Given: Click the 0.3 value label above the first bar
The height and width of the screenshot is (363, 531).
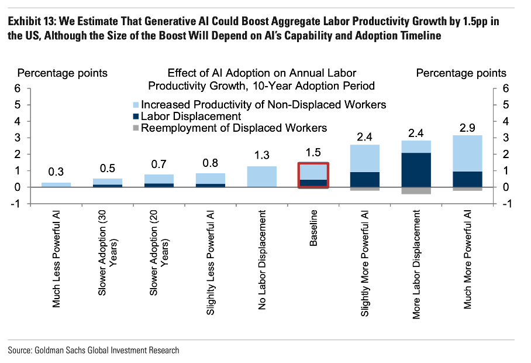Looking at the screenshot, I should (x=56, y=172).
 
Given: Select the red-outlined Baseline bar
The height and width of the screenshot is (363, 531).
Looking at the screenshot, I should (x=313, y=175).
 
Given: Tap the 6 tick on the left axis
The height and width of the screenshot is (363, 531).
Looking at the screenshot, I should (x=18, y=88).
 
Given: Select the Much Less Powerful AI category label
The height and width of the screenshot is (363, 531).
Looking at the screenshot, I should (x=57, y=259).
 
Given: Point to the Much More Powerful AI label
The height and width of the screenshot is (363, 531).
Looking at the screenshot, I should (x=468, y=259).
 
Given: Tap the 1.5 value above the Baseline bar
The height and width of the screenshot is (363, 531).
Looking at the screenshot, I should (x=313, y=153).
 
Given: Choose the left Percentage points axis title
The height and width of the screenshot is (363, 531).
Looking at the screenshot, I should (x=62, y=73).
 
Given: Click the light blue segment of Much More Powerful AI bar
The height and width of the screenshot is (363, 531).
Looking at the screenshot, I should (x=468, y=153).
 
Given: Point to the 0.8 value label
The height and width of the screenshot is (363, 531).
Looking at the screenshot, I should (x=211, y=163).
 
